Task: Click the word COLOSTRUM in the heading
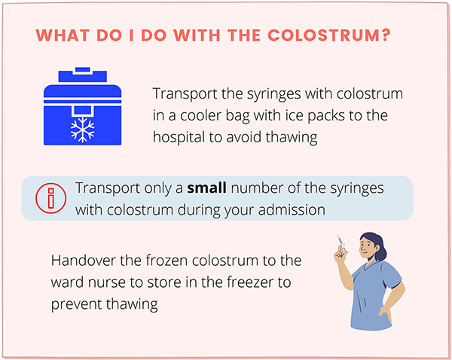(325, 35)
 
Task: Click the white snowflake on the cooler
(83, 130)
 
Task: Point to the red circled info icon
(51, 198)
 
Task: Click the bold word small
(206, 188)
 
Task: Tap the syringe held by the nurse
(342, 244)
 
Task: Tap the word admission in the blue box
(292, 210)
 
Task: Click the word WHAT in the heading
(63, 35)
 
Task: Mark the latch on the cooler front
(83, 111)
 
